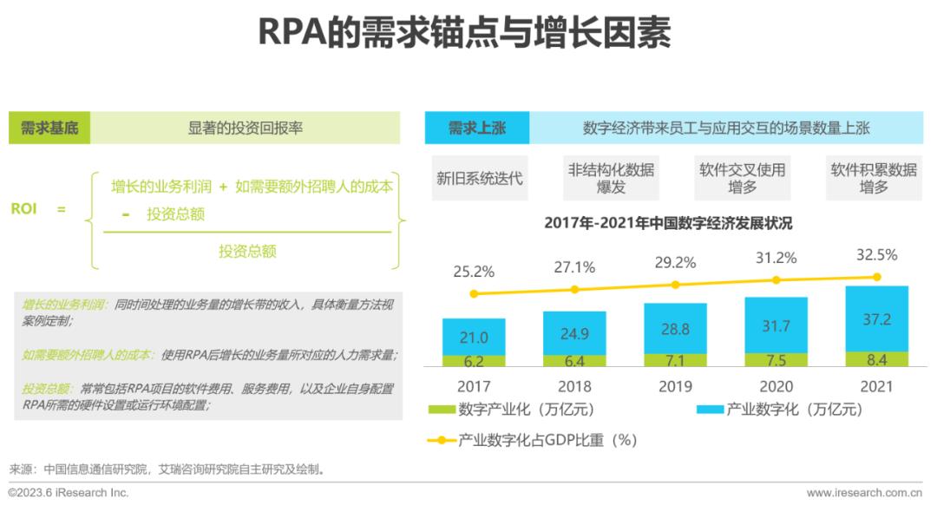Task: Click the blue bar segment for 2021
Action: (876, 318)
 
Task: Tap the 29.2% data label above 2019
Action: (675, 262)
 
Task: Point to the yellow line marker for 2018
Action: (574, 289)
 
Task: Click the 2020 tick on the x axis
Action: (776, 386)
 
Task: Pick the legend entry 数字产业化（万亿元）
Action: (512, 410)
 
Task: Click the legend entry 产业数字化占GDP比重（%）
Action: (533, 440)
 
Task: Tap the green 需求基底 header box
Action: (49, 128)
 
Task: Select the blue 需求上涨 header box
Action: (476, 128)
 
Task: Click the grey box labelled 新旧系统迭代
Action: (479, 178)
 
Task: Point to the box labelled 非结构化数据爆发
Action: (611, 178)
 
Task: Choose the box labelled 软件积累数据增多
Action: (874, 178)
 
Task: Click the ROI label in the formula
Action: (24, 209)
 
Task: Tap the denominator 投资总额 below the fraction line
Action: (247, 251)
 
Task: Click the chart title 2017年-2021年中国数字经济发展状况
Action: (668, 223)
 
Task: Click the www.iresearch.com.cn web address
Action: (863, 493)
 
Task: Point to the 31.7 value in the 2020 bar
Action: (776, 326)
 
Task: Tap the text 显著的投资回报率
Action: (246, 128)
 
